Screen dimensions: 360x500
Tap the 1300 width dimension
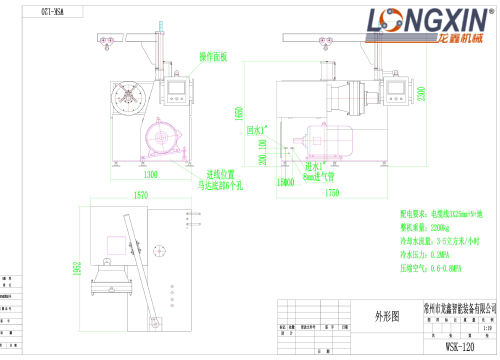(x=150, y=174)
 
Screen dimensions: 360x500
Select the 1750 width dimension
(x=331, y=192)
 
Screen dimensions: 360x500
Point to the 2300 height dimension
(x=421, y=93)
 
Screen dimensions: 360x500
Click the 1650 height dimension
(x=239, y=114)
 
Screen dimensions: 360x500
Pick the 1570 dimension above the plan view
(x=141, y=195)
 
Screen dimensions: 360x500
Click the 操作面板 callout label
(x=213, y=56)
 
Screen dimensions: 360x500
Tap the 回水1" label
(x=257, y=131)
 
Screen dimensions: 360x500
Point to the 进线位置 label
(x=220, y=175)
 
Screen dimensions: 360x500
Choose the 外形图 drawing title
(x=387, y=316)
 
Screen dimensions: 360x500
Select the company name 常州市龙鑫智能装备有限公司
(x=459, y=306)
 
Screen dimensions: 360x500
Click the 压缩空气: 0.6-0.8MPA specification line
(x=430, y=268)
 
